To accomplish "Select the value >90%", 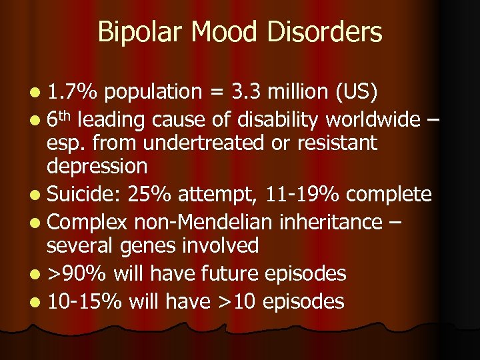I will coord(77,273).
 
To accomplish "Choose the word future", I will coord(221,273).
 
